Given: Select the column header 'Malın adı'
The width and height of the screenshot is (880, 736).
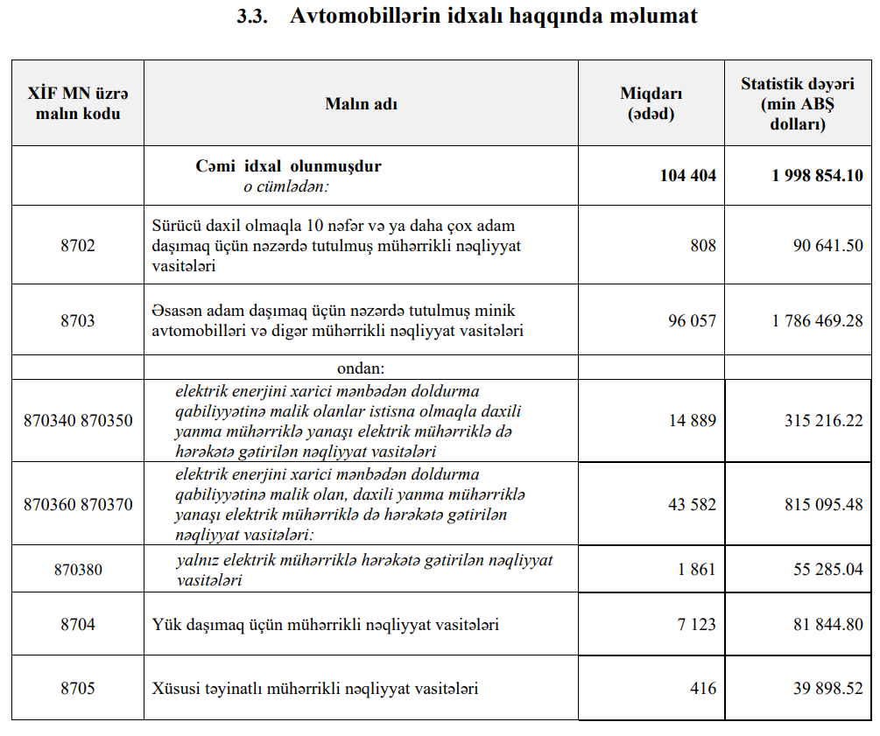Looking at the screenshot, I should [361, 103].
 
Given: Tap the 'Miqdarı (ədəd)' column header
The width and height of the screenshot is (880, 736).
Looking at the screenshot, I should [651, 103].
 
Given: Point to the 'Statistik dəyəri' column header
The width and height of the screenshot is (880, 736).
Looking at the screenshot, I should [797, 103].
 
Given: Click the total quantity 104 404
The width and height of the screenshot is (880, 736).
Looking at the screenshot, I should [687, 176].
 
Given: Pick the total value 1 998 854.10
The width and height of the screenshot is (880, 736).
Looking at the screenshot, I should [817, 176].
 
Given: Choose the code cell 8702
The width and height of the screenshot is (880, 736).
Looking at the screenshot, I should [77, 245].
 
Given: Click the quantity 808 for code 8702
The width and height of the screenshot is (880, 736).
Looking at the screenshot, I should [702, 245].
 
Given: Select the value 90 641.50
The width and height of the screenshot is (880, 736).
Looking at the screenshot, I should [827, 245].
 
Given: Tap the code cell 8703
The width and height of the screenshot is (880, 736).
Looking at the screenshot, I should [77, 320].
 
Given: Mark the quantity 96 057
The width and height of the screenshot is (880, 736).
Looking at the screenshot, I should [692, 320].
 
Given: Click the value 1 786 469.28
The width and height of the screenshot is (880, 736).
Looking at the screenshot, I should [817, 320].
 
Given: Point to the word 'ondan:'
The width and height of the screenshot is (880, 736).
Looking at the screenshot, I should [361, 367].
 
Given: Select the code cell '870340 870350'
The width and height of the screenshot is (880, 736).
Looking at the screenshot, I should [78, 420].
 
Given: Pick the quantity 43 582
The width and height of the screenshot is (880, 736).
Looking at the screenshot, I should [692, 504].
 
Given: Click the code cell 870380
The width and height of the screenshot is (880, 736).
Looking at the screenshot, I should [78, 569].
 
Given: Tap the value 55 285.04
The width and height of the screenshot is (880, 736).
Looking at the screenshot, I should [827, 569].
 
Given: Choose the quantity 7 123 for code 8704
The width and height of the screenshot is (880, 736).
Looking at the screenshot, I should [696, 624].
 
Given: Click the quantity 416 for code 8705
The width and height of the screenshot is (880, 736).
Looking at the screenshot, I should [702, 688].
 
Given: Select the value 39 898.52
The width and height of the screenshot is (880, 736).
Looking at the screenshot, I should [827, 688].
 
